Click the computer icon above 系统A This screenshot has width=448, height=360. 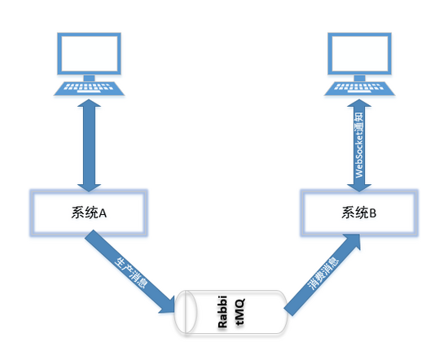tap(89, 65)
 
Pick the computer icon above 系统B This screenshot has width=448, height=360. tap(360, 65)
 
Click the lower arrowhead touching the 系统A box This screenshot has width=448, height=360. tap(89, 182)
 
